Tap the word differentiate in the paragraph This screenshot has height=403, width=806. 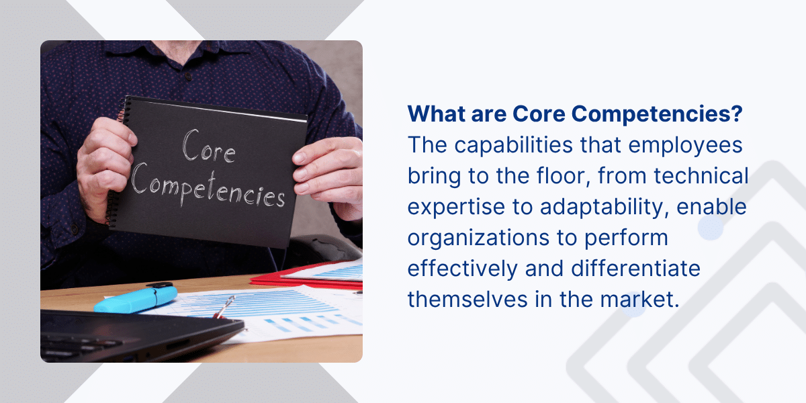click(x=635, y=269)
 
